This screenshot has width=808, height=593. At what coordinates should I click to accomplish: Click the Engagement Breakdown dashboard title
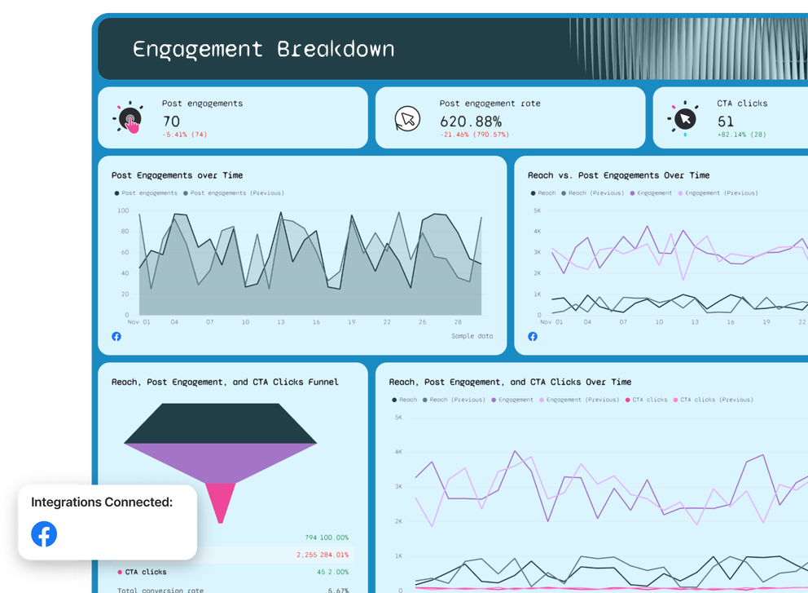point(263,49)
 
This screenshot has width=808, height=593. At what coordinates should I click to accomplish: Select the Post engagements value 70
point(171,121)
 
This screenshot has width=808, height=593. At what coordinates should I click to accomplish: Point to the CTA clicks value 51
point(725,121)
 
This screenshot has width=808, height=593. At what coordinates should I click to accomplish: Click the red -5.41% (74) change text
point(185,135)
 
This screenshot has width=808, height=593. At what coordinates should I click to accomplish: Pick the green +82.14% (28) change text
point(741,135)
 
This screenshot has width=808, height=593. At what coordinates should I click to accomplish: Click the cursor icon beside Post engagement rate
point(406,119)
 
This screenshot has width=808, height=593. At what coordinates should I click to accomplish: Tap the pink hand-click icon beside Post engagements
point(129,119)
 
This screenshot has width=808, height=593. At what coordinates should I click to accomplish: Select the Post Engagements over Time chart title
point(177,175)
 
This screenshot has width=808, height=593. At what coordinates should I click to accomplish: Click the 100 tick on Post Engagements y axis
point(123,210)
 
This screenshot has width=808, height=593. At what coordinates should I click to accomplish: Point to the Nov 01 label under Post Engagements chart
point(139,322)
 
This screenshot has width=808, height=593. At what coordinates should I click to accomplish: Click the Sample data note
point(472,336)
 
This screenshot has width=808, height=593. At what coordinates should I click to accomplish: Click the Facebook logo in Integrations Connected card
point(44,534)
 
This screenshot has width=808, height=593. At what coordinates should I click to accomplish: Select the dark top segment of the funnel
point(220,423)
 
